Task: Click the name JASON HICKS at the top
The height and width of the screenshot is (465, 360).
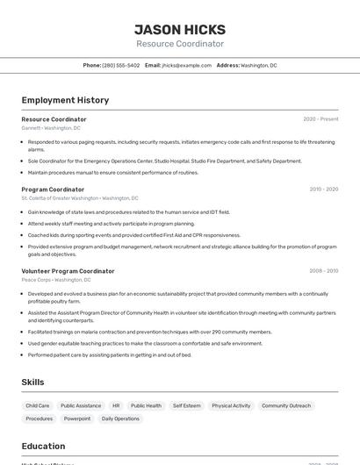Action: click(x=180, y=29)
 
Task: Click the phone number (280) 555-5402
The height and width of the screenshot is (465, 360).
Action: click(x=120, y=65)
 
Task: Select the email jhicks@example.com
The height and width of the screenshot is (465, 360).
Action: click(x=187, y=65)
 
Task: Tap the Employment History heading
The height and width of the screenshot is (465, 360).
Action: click(x=65, y=101)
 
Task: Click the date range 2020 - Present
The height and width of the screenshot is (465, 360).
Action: click(x=320, y=119)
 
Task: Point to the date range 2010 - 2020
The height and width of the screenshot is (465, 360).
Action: click(x=323, y=190)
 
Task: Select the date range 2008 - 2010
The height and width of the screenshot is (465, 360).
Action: click(x=323, y=271)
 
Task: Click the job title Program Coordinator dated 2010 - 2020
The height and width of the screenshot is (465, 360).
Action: click(x=53, y=190)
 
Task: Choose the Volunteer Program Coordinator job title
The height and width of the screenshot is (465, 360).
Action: click(x=68, y=271)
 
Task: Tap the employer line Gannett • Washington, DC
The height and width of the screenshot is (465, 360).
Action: click(x=51, y=128)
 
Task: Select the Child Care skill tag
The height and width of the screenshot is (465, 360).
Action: click(x=38, y=406)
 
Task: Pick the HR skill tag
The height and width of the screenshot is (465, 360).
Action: click(x=116, y=406)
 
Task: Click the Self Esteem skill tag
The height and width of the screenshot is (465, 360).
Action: click(x=186, y=406)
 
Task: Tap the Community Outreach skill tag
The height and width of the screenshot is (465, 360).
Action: click(x=286, y=406)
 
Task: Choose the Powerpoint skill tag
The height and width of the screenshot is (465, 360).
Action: click(x=77, y=418)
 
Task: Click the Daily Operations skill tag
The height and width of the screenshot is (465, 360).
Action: click(x=120, y=418)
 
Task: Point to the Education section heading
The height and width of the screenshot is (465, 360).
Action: click(x=43, y=446)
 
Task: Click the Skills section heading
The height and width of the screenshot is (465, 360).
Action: click(x=32, y=383)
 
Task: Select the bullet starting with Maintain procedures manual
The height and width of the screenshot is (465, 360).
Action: click(x=113, y=173)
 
